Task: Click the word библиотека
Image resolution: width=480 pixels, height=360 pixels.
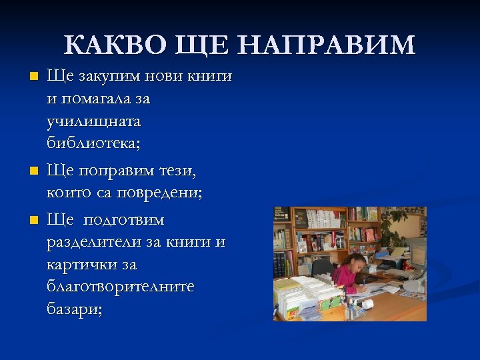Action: pos(91,144)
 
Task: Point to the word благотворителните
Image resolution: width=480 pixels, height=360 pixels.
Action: pos(121,287)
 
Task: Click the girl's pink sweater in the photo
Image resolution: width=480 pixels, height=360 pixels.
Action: pos(345,275)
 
